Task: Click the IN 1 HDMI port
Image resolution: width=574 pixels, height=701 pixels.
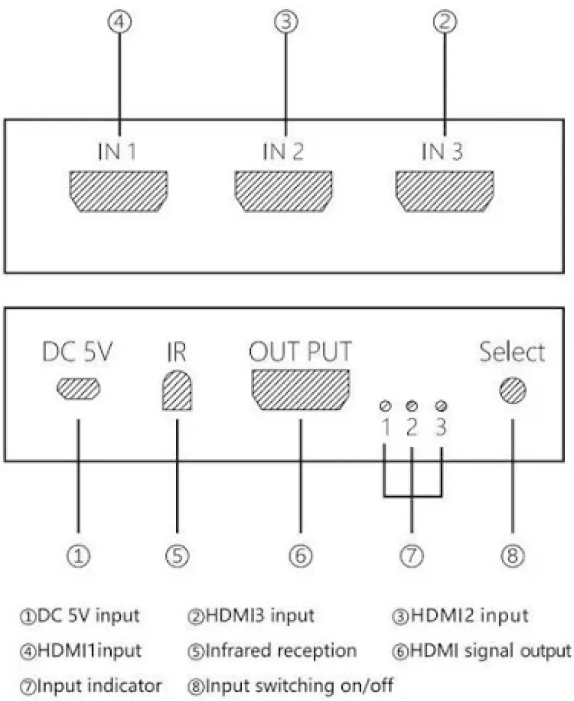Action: click(119, 191)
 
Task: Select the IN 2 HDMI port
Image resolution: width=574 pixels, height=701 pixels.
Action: click(284, 191)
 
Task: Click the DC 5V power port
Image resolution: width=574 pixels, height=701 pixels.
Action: click(79, 389)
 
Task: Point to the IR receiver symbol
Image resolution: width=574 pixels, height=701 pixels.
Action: click(176, 391)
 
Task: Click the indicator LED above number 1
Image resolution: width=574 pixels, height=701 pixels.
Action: click(385, 406)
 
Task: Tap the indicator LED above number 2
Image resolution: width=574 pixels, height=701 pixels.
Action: click(413, 406)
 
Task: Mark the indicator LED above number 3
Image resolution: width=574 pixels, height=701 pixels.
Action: click(440, 406)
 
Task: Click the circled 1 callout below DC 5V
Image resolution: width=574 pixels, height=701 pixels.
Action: click(79, 555)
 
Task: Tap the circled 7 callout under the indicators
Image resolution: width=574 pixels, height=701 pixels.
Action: click(412, 555)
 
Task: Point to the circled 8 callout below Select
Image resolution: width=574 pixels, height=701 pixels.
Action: click(512, 555)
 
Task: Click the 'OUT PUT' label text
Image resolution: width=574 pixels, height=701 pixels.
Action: click(301, 352)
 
